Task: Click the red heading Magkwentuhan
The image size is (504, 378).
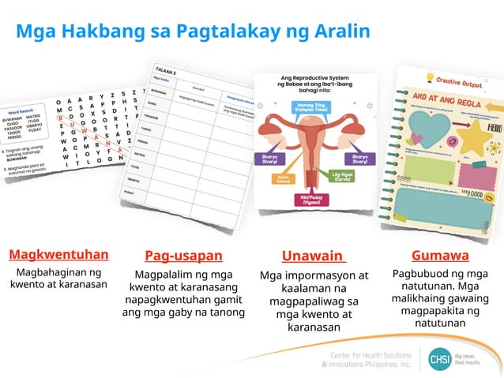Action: (x=58, y=255)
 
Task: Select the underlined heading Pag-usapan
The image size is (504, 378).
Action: (x=183, y=256)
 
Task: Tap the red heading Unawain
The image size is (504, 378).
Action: (x=313, y=256)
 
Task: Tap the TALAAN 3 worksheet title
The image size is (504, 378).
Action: (x=165, y=69)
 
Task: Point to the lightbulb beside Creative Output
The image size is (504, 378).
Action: (x=429, y=77)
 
